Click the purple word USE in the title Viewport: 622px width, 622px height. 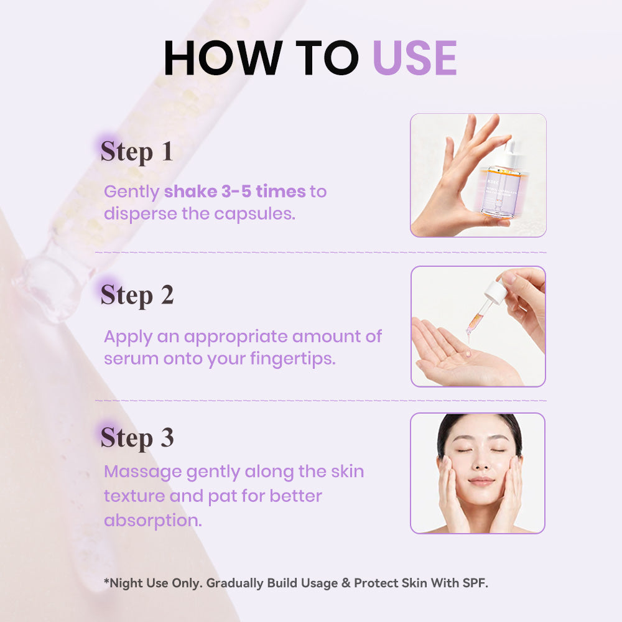(415, 58)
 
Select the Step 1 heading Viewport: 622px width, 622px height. (137, 152)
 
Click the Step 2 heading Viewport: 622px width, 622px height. (137, 295)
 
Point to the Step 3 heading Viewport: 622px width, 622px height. (137, 438)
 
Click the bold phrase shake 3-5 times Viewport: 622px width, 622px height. (235, 191)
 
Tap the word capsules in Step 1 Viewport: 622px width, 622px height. (254, 214)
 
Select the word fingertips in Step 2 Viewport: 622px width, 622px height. (293, 359)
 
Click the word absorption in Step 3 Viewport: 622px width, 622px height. (153, 521)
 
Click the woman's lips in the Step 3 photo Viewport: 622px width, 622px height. (481, 482)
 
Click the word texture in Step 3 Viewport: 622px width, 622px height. (134, 496)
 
